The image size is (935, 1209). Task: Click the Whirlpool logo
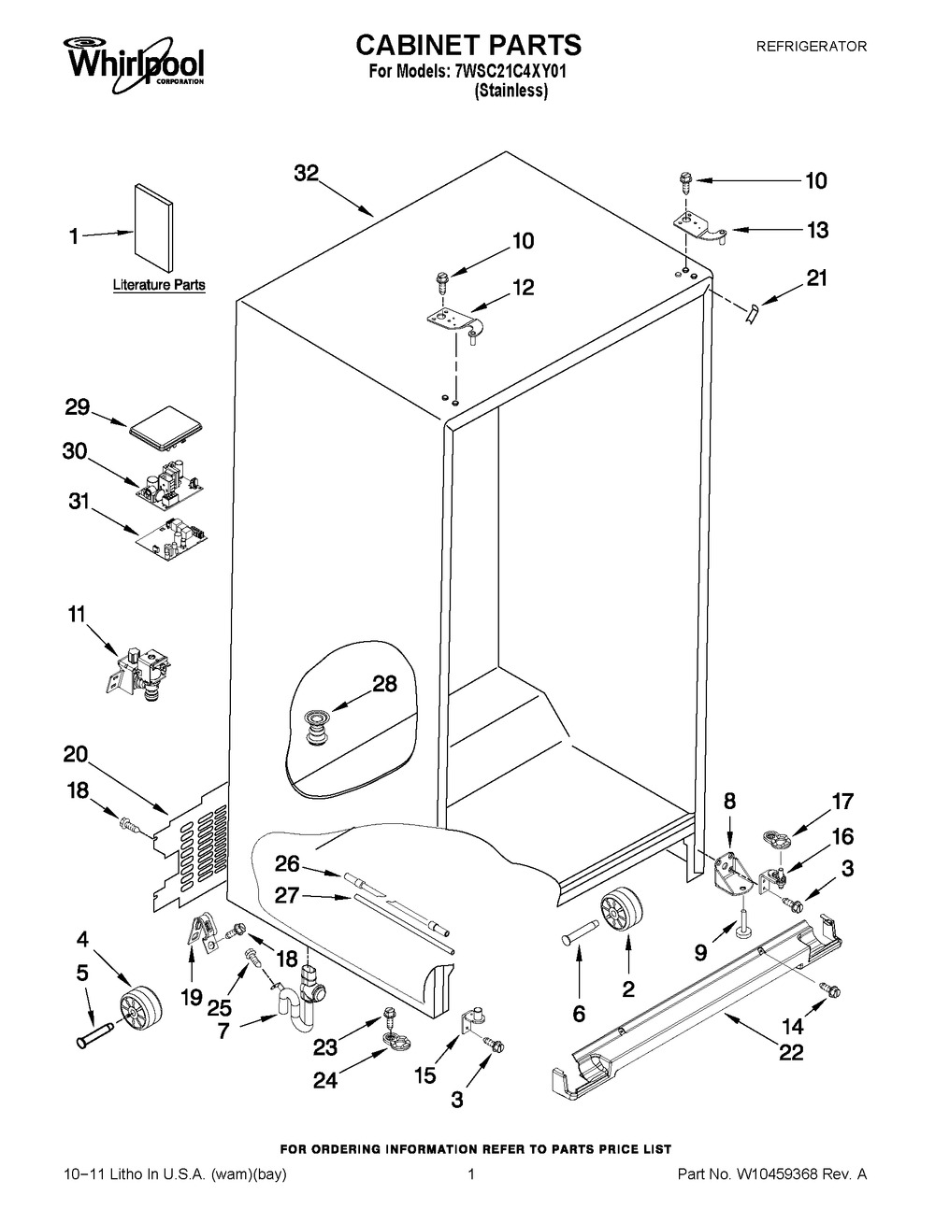click(135, 64)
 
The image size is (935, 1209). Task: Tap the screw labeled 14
click(828, 989)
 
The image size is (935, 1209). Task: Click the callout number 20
click(76, 754)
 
